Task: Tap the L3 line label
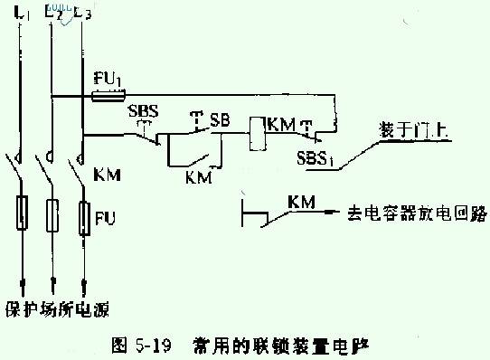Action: click(x=85, y=14)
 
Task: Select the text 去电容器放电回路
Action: click(x=417, y=214)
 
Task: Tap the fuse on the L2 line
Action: click(x=53, y=213)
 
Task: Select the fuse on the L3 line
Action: click(x=85, y=216)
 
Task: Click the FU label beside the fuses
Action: click(x=109, y=218)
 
